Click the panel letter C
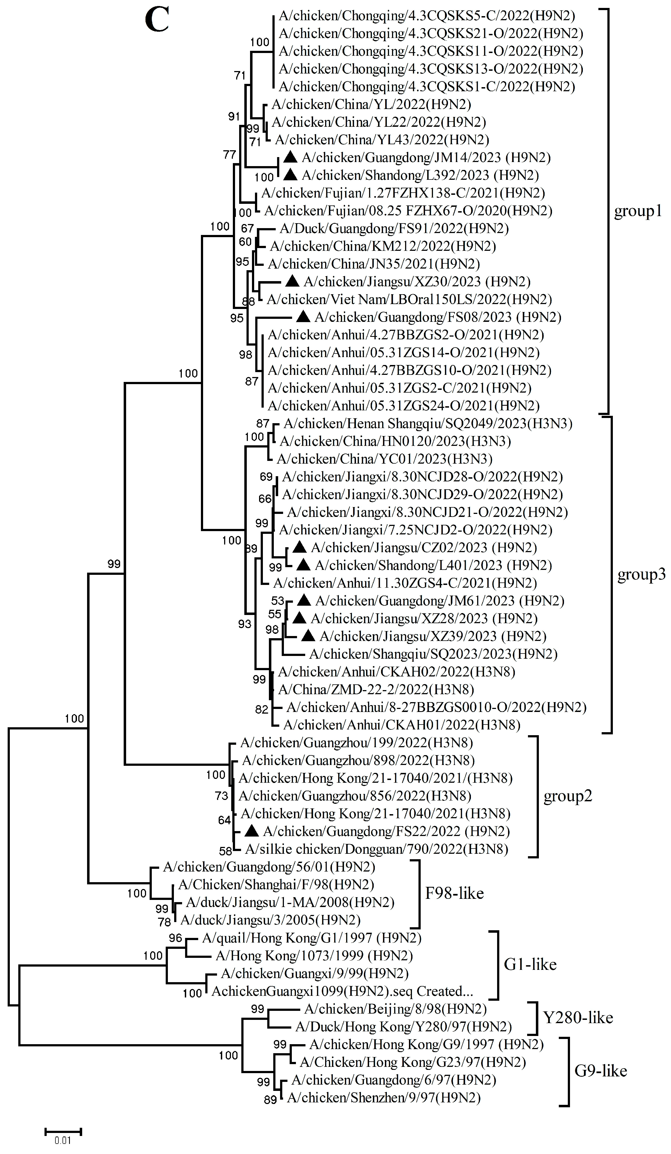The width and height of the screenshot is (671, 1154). [157, 20]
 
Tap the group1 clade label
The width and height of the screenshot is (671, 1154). [638, 211]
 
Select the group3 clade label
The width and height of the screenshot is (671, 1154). [641, 574]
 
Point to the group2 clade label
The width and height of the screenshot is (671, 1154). [568, 796]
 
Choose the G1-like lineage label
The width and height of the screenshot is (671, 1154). [530, 964]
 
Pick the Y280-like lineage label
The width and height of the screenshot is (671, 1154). [578, 1017]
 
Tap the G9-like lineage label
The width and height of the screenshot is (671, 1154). [601, 1071]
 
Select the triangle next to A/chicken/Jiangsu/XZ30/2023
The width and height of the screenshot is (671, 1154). [292, 281]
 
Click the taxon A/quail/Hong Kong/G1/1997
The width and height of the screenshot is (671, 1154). [311, 938]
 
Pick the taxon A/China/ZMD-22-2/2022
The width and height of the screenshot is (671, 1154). [376, 689]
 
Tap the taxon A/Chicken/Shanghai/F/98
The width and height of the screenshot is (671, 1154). [276, 884]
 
